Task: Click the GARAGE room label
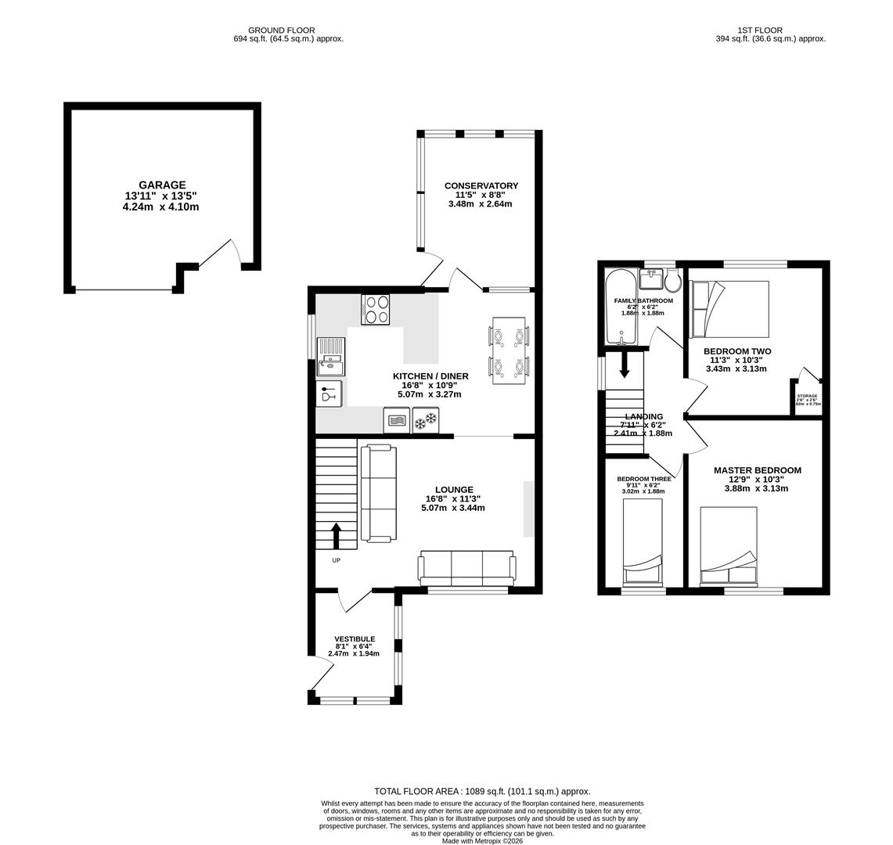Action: click(162, 185)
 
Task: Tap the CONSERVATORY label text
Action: click(481, 185)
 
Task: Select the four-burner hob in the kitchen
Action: click(375, 309)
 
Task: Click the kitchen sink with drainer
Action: click(330, 357)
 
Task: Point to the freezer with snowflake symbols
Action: click(426, 421)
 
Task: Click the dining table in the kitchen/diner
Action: click(509, 351)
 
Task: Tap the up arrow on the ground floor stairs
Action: click(337, 536)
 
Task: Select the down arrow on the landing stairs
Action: click(624, 365)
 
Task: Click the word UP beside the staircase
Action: click(337, 560)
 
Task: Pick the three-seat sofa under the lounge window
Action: click(466, 567)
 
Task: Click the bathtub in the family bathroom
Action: click(621, 307)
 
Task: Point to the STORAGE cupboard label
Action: click(807, 396)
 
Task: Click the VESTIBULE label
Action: click(355, 638)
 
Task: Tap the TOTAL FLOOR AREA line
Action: click(482, 791)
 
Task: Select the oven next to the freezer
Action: click(397, 421)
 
